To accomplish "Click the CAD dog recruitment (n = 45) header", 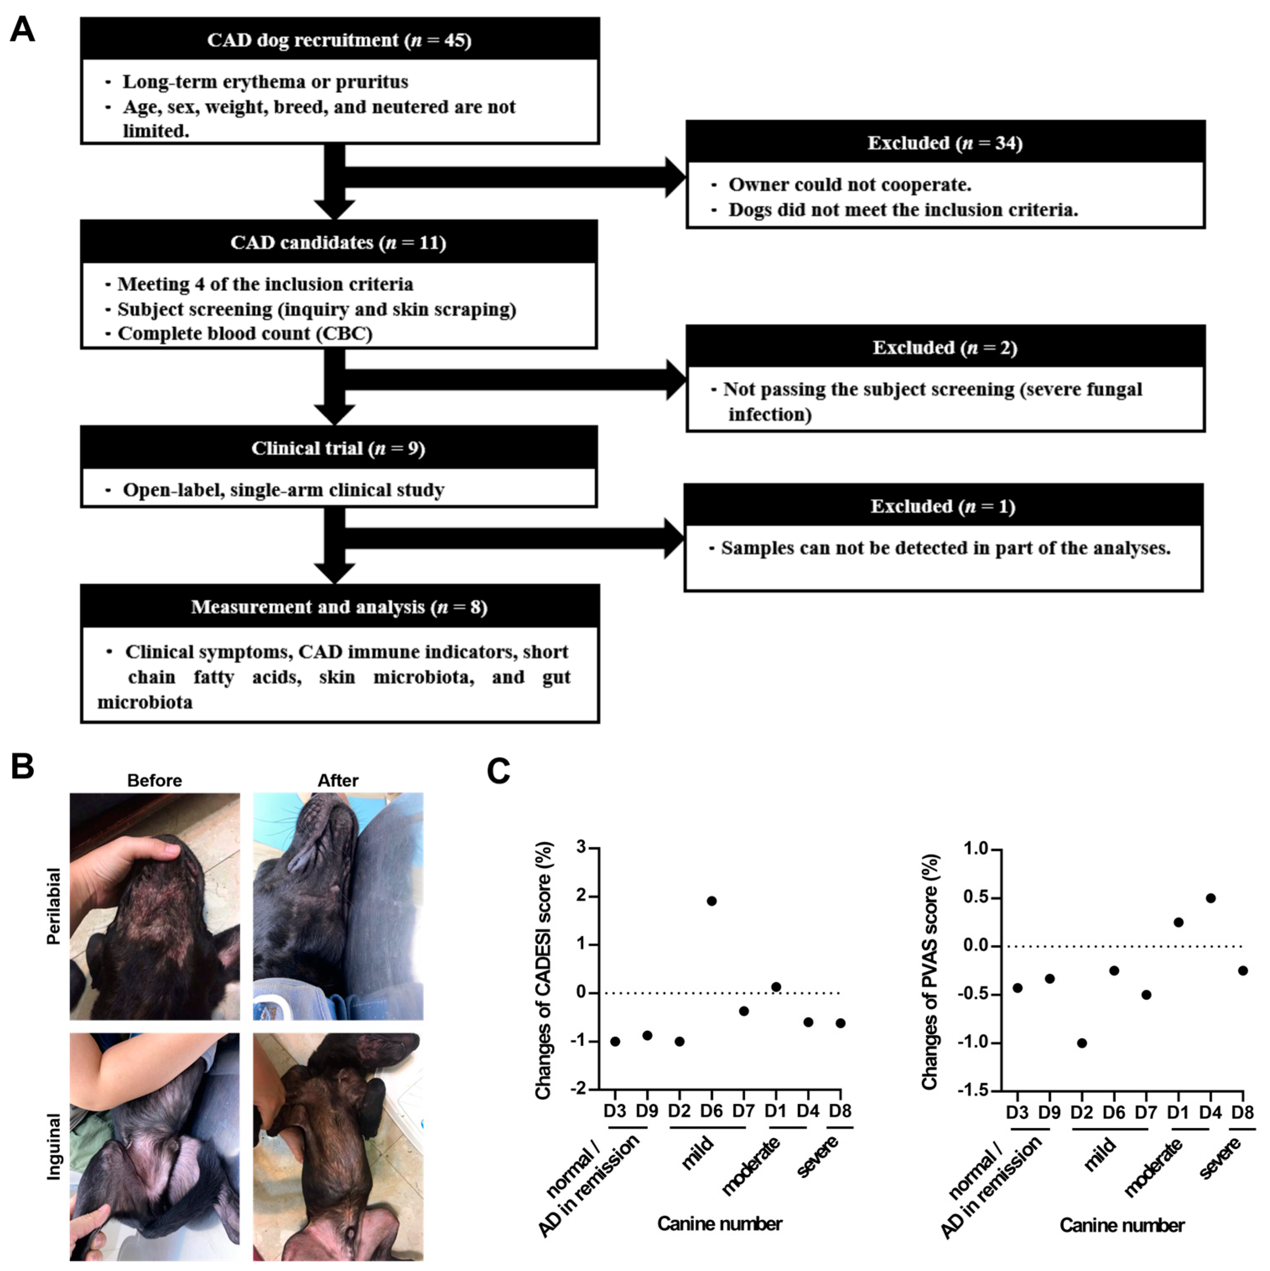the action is coord(340,40).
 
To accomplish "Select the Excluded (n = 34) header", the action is coord(945,143).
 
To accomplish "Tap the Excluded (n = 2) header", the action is coord(945,347).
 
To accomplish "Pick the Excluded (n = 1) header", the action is coord(943,506).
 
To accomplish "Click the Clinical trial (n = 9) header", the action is coord(338,448).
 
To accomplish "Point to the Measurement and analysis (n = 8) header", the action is coord(340,606).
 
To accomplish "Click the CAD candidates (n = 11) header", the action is coord(338,243).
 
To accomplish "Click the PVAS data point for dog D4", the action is coord(1210,898).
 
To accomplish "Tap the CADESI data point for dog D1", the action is coord(776,987).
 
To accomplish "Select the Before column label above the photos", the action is coord(155,781).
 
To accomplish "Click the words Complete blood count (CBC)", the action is coord(245,334).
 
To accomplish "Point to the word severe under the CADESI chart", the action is coord(817,1157).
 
